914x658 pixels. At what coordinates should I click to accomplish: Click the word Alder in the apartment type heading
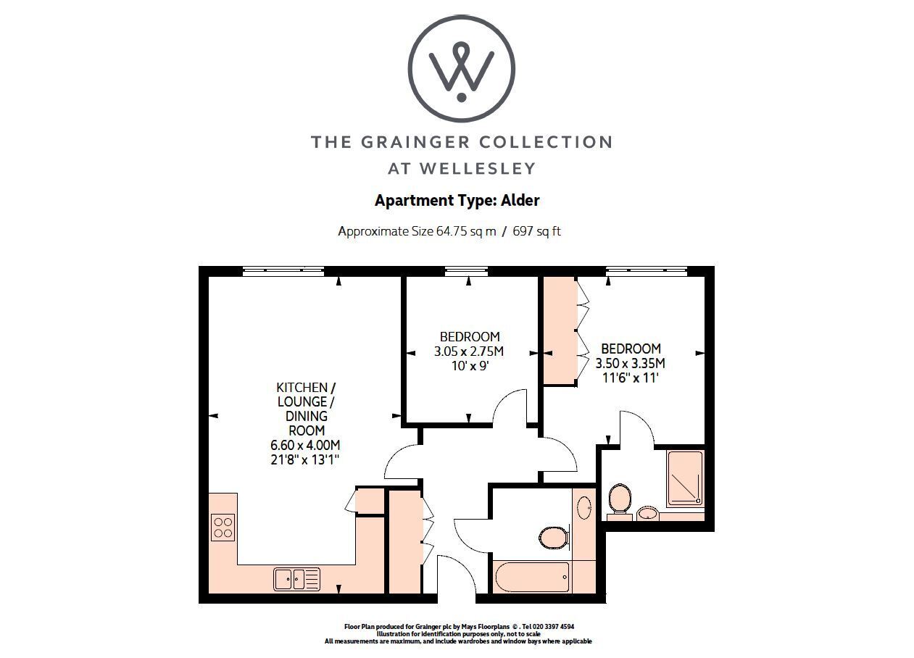(x=520, y=200)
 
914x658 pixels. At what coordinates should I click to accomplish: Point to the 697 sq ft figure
(x=536, y=231)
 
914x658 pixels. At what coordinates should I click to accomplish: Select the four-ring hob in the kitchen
(x=223, y=527)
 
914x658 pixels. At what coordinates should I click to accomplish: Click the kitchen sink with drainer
(x=296, y=579)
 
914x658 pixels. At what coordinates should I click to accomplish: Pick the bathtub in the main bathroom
(x=531, y=578)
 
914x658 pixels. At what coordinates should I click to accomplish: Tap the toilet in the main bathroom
(x=554, y=538)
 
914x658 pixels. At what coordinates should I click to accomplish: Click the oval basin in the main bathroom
(x=584, y=507)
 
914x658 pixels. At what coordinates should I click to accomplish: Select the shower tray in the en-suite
(x=686, y=478)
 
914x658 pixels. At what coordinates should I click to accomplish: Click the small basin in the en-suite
(x=647, y=513)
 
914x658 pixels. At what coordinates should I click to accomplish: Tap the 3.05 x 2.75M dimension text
(x=469, y=351)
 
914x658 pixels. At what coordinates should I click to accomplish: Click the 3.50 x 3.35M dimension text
(x=631, y=363)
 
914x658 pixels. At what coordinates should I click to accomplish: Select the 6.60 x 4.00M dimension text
(x=305, y=445)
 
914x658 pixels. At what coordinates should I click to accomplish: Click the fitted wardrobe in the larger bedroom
(x=560, y=330)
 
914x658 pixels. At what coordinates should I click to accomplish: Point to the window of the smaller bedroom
(x=466, y=271)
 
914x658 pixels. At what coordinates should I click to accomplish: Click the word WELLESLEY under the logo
(x=478, y=168)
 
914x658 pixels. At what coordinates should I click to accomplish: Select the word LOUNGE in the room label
(x=302, y=401)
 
